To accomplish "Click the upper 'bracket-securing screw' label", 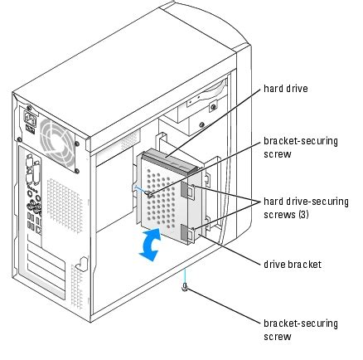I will tap(299, 147).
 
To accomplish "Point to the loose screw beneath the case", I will tap(186, 290).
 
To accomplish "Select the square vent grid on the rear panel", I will tap(59, 199).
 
